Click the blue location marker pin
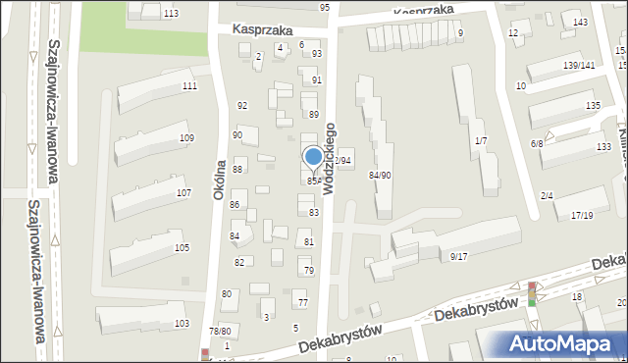tap(314, 157)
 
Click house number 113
tap(172, 13)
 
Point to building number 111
tap(189, 86)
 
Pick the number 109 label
tap(186, 138)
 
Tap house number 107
tap(183, 192)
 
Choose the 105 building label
tap(182, 247)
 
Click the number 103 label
tap(182, 323)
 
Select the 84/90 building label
tap(380, 175)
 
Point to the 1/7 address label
tap(481, 141)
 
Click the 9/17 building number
tap(459, 256)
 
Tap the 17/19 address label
tap(582, 215)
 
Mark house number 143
tap(581, 23)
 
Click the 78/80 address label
tap(220, 332)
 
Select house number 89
tap(314, 115)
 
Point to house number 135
tap(593, 105)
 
